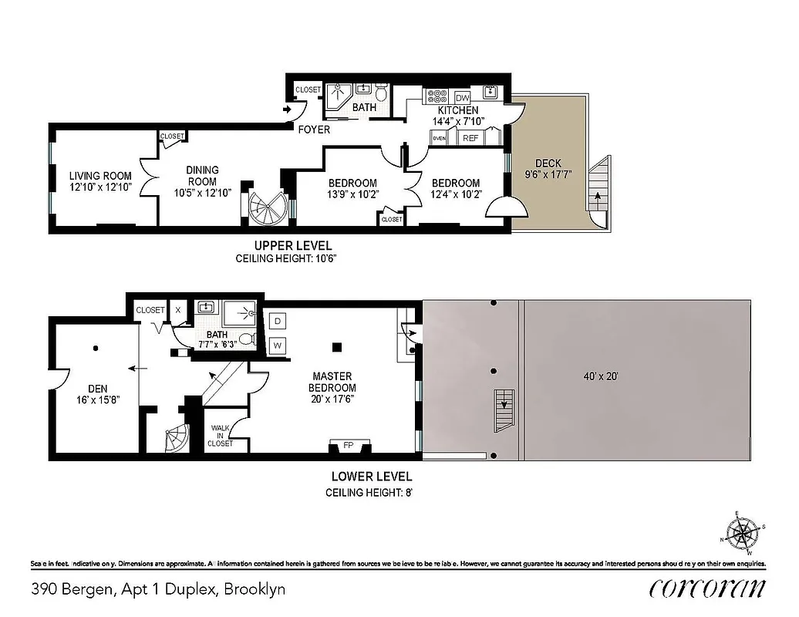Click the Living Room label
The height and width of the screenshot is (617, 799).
(x=100, y=175)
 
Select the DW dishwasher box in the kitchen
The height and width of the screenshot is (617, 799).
(x=463, y=98)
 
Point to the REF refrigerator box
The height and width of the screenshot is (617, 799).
(x=470, y=138)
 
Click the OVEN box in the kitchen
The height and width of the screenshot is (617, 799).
(x=440, y=138)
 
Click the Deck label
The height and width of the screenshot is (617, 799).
(x=548, y=164)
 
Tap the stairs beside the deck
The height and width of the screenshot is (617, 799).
(x=599, y=189)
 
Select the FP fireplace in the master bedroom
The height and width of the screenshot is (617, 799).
(x=348, y=445)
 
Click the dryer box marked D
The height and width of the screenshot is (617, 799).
(x=278, y=319)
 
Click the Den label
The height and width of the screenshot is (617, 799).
(x=96, y=389)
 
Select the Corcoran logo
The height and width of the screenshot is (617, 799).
(x=707, y=588)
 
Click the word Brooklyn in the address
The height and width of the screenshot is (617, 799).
(x=257, y=589)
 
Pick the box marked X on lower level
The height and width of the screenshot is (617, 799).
(x=178, y=309)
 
